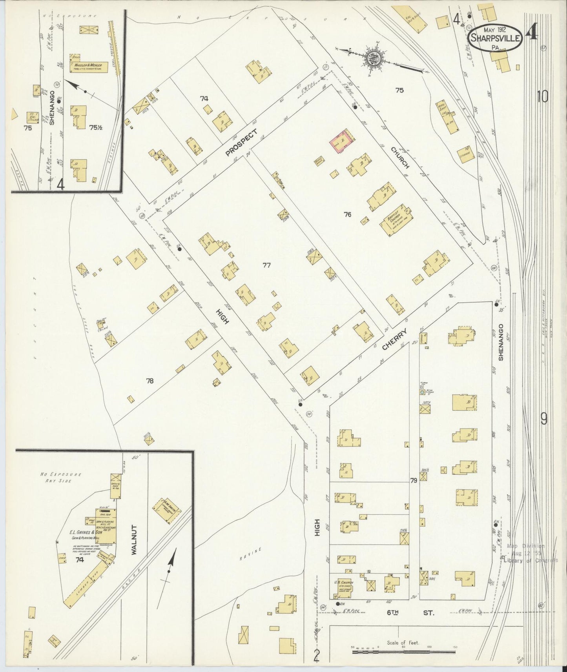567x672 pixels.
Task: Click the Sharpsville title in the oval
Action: click(496, 38)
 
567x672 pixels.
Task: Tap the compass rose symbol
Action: click(371, 59)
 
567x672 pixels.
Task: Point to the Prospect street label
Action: click(242, 142)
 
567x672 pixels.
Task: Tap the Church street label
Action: click(400, 158)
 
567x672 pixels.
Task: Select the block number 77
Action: click(266, 265)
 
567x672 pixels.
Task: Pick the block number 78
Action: click(149, 381)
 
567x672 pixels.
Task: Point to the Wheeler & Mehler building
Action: click(89, 67)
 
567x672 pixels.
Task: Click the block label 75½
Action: click(96, 127)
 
